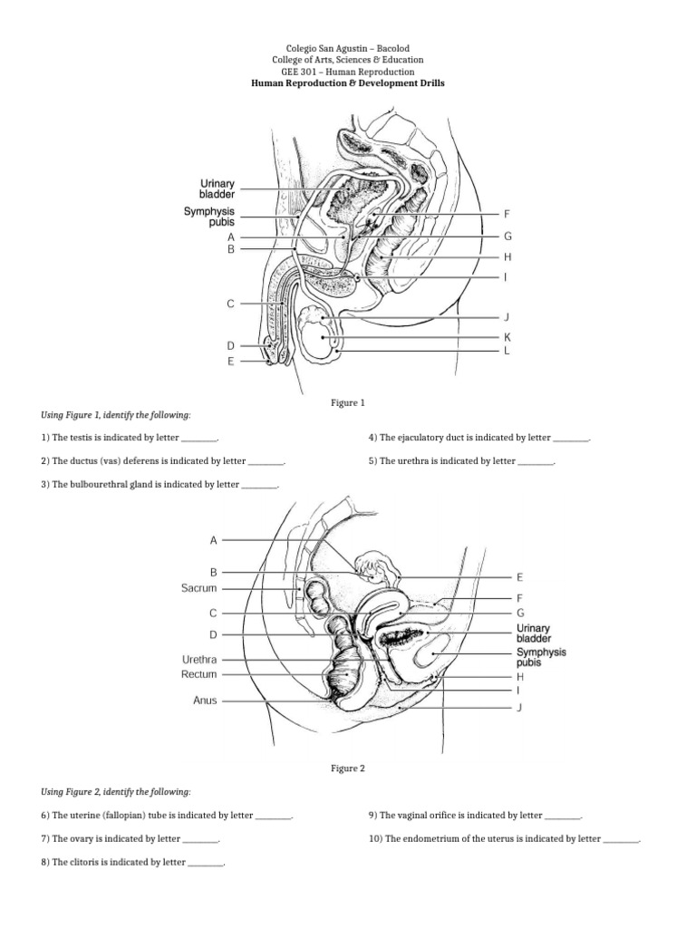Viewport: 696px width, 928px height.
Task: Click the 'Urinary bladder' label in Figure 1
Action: [x=217, y=188]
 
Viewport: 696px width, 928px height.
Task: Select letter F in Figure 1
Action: [x=507, y=215]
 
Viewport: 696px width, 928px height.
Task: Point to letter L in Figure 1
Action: [x=507, y=350]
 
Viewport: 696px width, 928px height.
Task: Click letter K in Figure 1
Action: [x=507, y=336]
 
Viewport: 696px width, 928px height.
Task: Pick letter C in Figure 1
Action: [x=231, y=304]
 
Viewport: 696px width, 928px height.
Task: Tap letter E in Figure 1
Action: [x=231, y=361]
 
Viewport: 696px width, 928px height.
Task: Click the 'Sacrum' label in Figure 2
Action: [x=199, y=588]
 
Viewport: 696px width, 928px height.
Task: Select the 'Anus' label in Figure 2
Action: [x=205, y=701]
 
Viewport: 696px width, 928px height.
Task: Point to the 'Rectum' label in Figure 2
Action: [x=199, y=674]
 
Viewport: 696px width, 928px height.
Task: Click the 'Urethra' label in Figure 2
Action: [x=199, y=660]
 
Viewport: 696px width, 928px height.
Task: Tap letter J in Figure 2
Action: [x=519, y=707]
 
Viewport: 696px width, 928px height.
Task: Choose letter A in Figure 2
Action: [x=214, y=540]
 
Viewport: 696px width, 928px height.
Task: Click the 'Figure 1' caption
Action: [x=348, y=402]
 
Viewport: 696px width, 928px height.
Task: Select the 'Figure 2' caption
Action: [x=348, y=768]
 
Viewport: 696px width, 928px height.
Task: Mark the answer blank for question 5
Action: [x=536, y=460]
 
